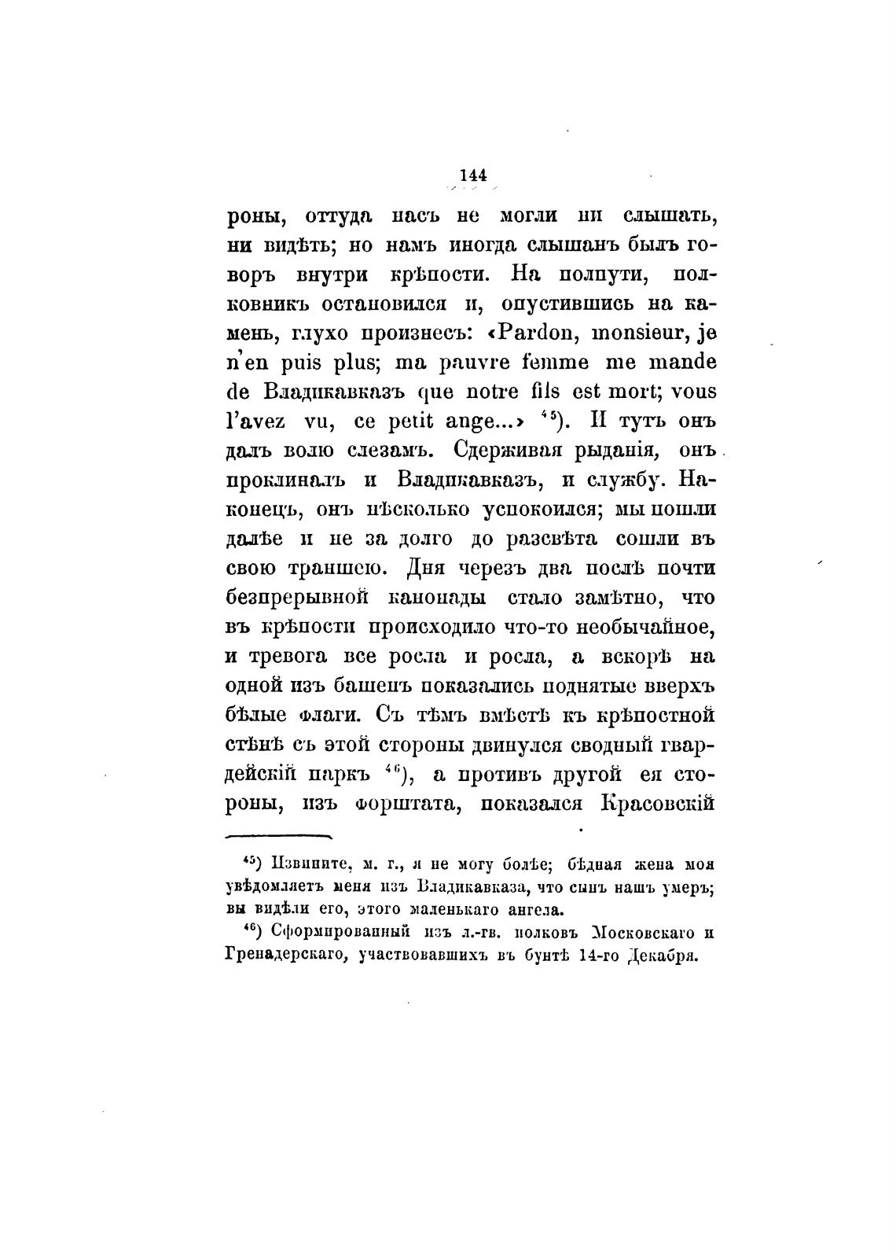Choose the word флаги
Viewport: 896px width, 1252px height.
coord(329,716)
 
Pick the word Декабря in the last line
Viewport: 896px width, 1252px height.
coord(659,957)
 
